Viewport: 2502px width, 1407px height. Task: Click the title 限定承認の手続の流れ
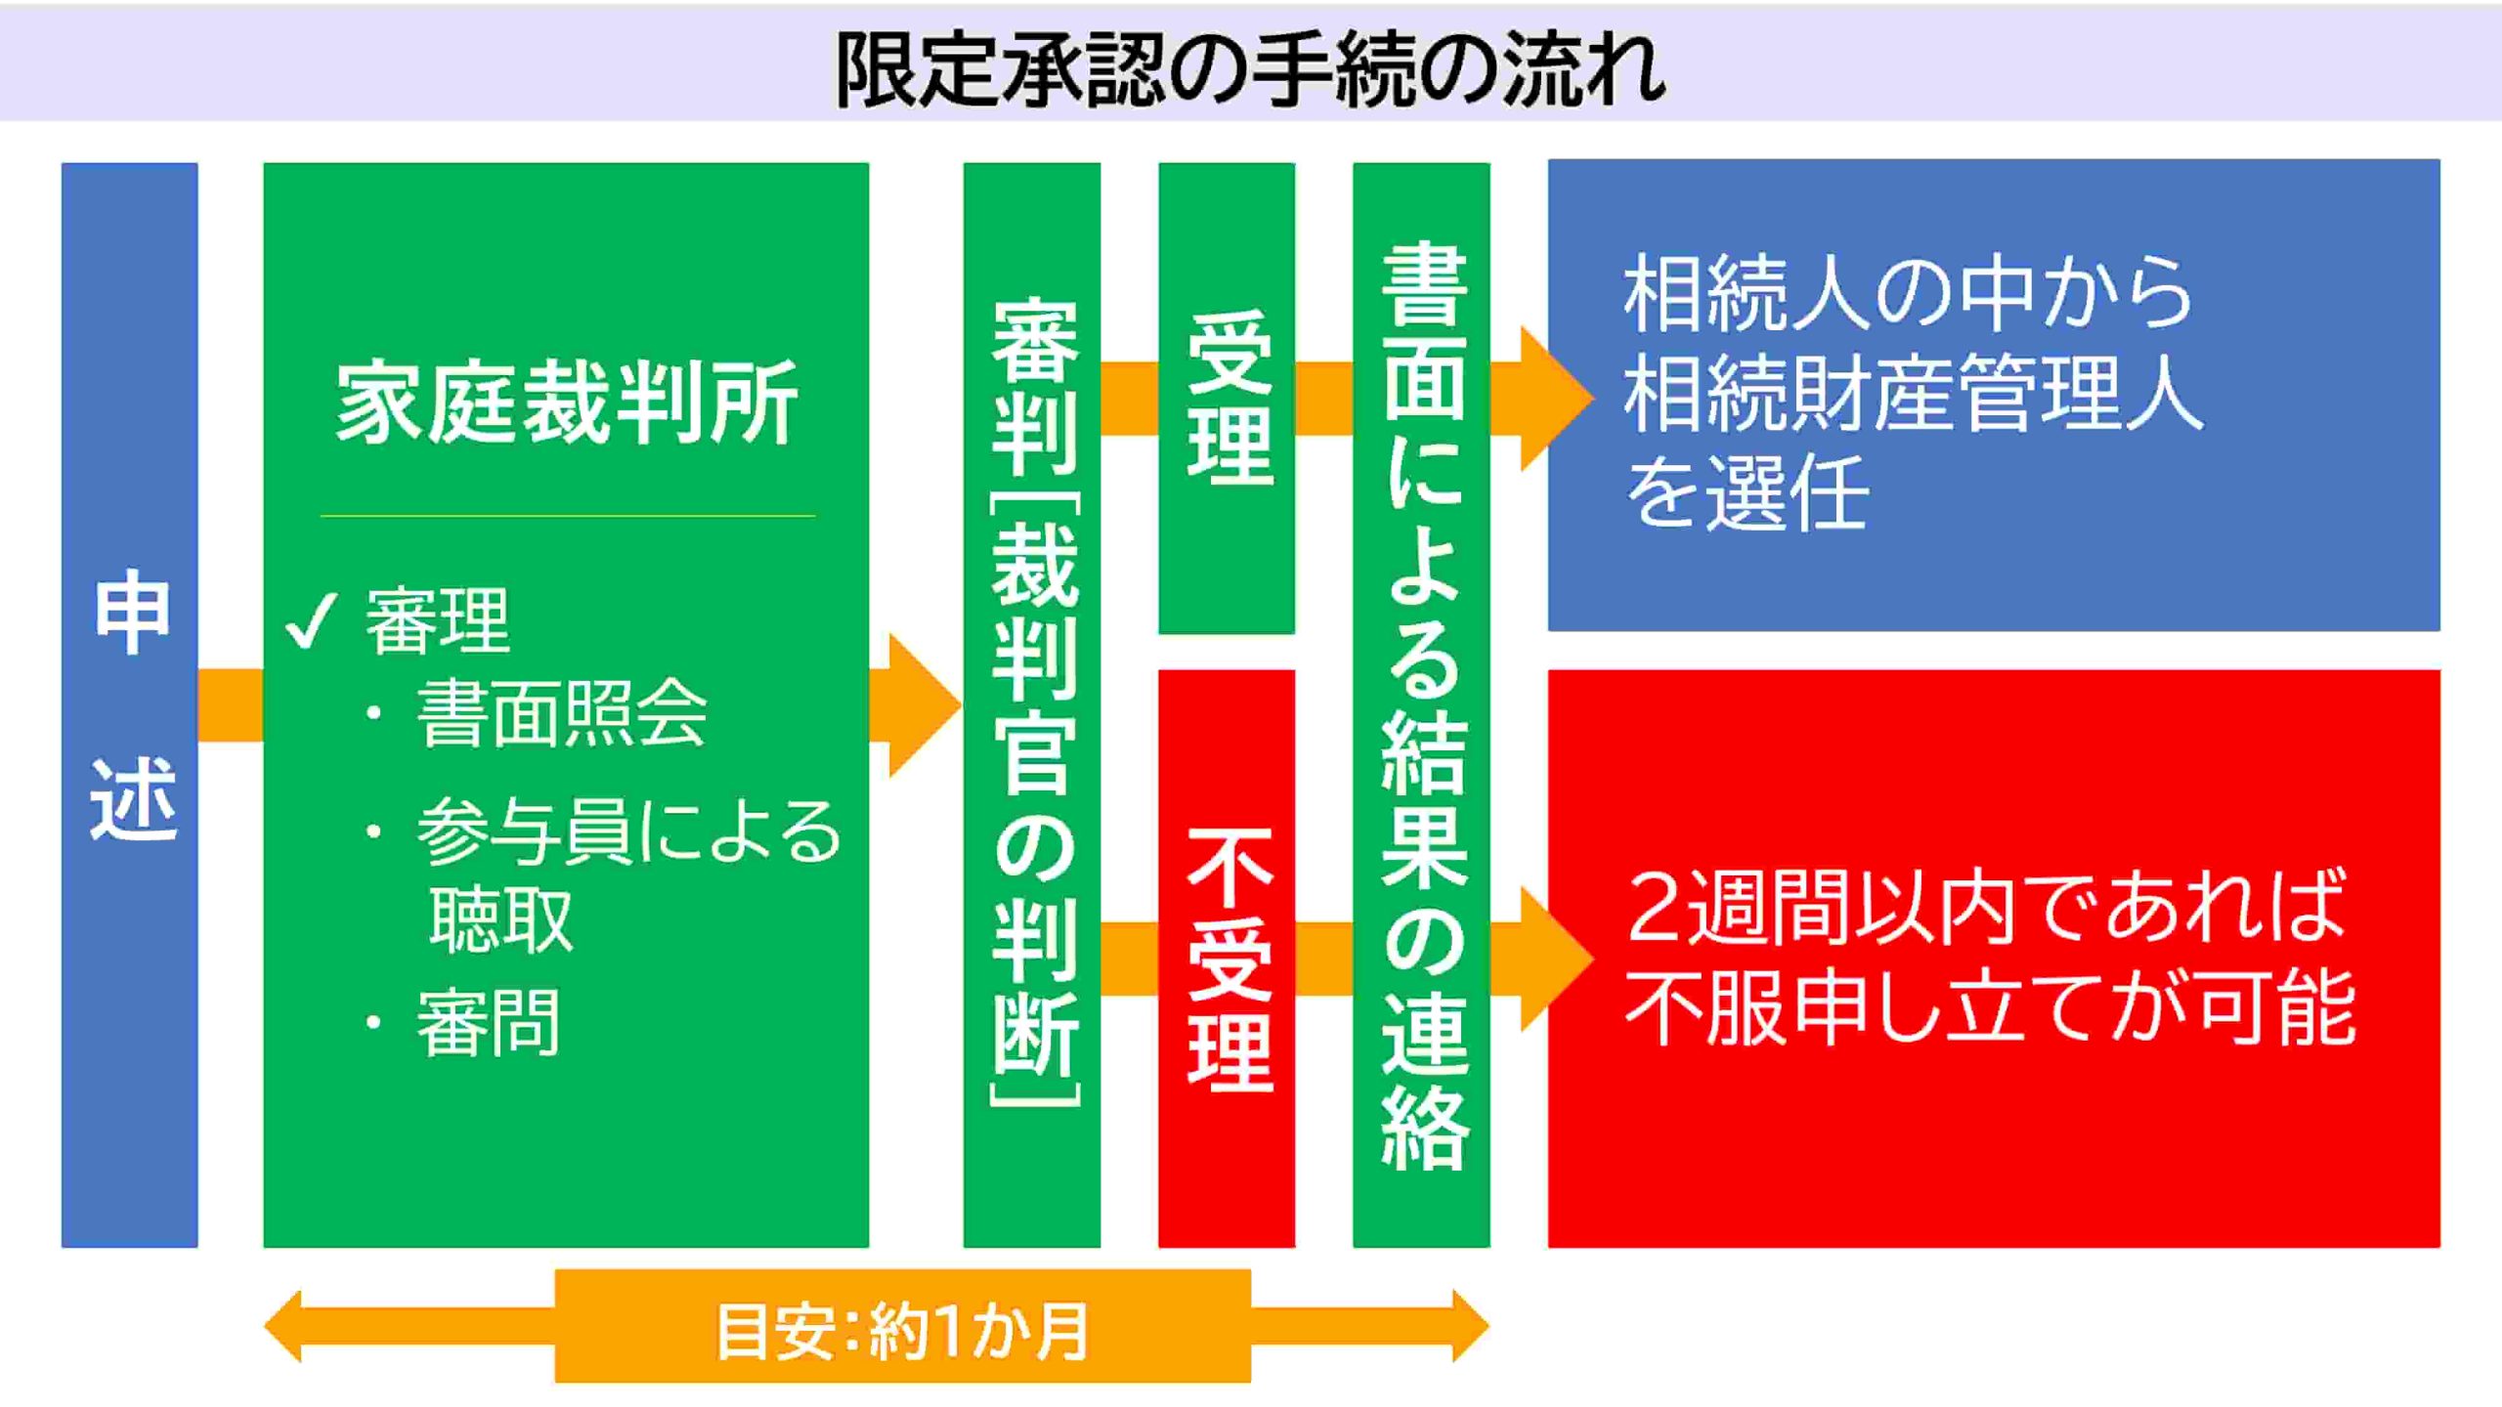[1250, 68]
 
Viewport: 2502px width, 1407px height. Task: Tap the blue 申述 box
[130, 704]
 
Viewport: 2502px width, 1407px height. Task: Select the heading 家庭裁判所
[567, 403]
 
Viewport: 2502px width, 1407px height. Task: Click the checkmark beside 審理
[311, 620]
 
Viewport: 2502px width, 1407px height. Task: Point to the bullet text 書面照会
[562, 713]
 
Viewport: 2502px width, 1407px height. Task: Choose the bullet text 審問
[488, 1022]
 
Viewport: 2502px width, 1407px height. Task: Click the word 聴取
[500, 918]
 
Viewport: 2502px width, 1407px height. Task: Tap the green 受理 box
[1227, 398]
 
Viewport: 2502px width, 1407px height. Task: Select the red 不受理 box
[1227, 959]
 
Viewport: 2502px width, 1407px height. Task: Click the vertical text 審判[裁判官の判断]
[1034, 703]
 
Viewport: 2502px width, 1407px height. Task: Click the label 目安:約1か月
[902, 1330]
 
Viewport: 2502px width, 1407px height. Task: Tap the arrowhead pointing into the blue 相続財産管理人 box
[1558, 398]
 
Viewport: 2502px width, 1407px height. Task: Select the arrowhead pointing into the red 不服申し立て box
[1558, 959]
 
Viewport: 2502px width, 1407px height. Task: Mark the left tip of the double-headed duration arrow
[265, 1326]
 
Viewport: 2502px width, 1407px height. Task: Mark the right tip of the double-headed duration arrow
[1488, 1326]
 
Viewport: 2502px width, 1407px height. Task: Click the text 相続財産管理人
[1914, 393]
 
